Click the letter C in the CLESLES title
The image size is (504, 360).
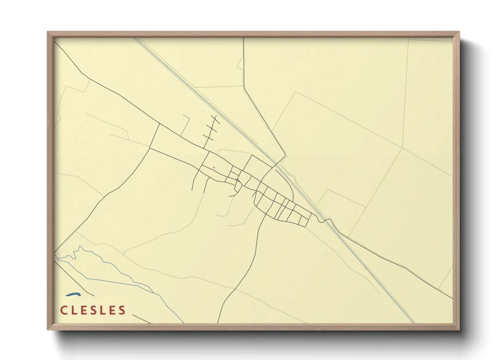[64, 310]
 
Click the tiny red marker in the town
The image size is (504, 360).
[214, 167]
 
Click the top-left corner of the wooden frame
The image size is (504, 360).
[48, 32]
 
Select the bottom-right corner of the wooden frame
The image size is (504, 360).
[459, 329]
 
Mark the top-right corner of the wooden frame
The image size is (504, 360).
[459, 32]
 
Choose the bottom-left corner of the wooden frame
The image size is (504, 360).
[48, 329]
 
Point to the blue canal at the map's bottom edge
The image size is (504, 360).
[413, 322]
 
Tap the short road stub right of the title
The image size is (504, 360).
[141, 319]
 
